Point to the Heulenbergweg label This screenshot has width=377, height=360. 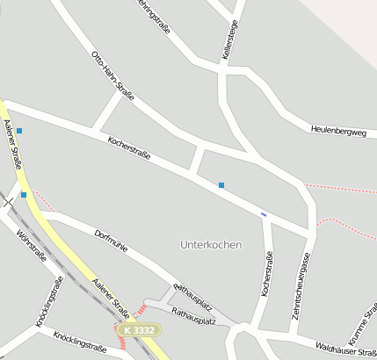[337, 131]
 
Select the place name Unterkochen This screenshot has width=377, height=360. [210, 243]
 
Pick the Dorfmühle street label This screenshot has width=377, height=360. [111, 242]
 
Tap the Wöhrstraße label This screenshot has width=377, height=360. [32, 247]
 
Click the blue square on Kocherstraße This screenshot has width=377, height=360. [221, 184]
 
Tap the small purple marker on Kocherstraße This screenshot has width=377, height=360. [263, 213]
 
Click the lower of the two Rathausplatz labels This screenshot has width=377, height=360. [193, 316]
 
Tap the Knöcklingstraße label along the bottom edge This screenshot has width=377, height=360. [79, 342]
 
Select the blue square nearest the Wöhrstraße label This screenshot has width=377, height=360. [24, 194]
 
